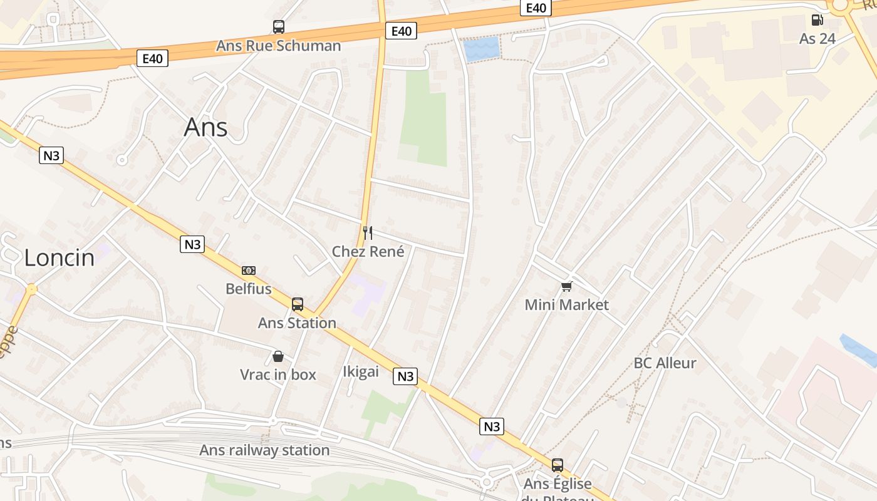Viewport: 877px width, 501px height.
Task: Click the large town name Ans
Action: click(x=205, y=128)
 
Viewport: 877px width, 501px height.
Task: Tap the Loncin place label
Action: click(x=60, y=257)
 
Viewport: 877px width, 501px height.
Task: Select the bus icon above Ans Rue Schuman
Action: click(x=279, y=27)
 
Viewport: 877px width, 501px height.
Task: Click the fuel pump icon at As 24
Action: click(x=817, y=20)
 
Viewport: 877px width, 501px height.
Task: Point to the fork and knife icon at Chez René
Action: click(x=368, y=233)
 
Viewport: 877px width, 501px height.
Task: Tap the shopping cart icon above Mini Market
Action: click(x=566, y=286)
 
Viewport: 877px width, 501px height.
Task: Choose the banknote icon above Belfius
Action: click(x=249, y=271)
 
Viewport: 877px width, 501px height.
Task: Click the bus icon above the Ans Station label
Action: click(x=298, y=304)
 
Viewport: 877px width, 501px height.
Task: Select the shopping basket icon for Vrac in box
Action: click(x=278, y=356)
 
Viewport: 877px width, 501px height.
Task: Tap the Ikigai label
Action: click(x=361, y=371)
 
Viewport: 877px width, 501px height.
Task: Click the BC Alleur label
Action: click(x=665, y=363)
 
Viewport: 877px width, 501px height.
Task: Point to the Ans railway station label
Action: click(x=264, y=450)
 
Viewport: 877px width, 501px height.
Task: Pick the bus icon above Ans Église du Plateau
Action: click(x=557, y=465)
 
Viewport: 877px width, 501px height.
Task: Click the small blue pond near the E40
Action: click(x=482, y=48)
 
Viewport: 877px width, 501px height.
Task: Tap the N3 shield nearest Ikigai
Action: click(x=405, y=376)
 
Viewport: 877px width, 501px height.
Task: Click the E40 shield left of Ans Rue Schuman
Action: click(x=152, y=59)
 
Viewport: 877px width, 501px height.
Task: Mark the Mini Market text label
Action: click(x=566, y=305)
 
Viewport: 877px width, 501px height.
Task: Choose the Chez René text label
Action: click(x=368, y=252)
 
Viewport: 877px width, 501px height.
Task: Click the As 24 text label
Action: click(x=817, y=39)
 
